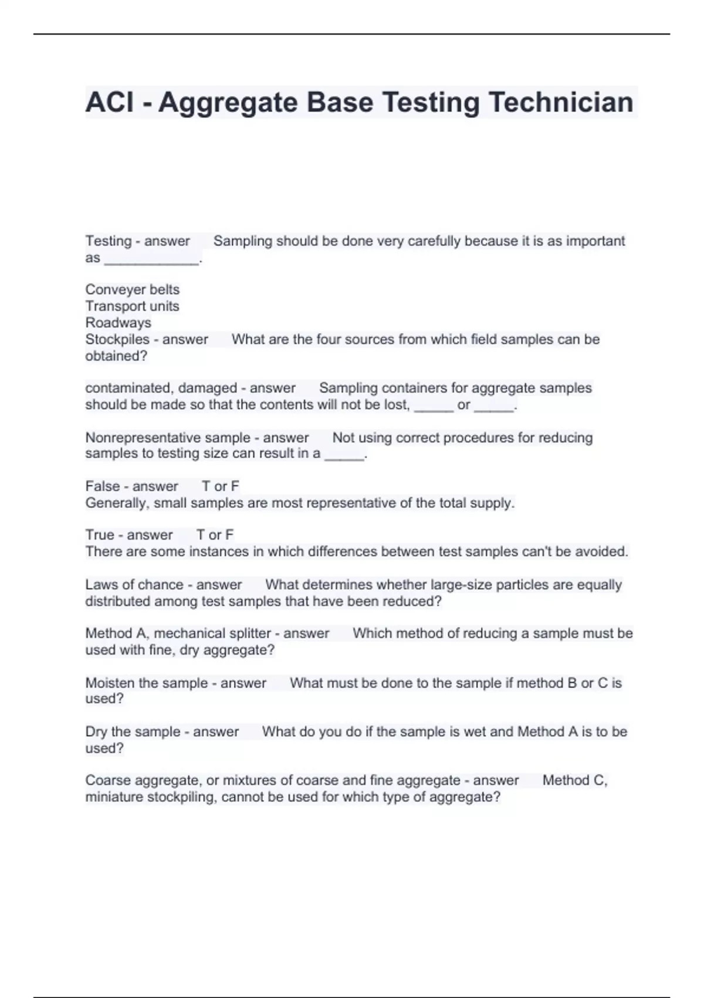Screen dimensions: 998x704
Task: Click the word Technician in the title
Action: point(561,102)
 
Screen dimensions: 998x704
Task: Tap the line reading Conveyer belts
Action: point(132,289)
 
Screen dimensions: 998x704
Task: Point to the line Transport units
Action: point(132,306)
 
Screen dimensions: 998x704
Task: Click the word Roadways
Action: point(118,322)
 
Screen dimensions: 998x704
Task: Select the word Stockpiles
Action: point(117,339)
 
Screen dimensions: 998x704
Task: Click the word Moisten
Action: point(109,683)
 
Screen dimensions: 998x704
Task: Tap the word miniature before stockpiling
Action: point(114,797)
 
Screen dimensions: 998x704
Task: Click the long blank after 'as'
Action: point(151,259)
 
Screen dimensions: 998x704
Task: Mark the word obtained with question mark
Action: point(116,356)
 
